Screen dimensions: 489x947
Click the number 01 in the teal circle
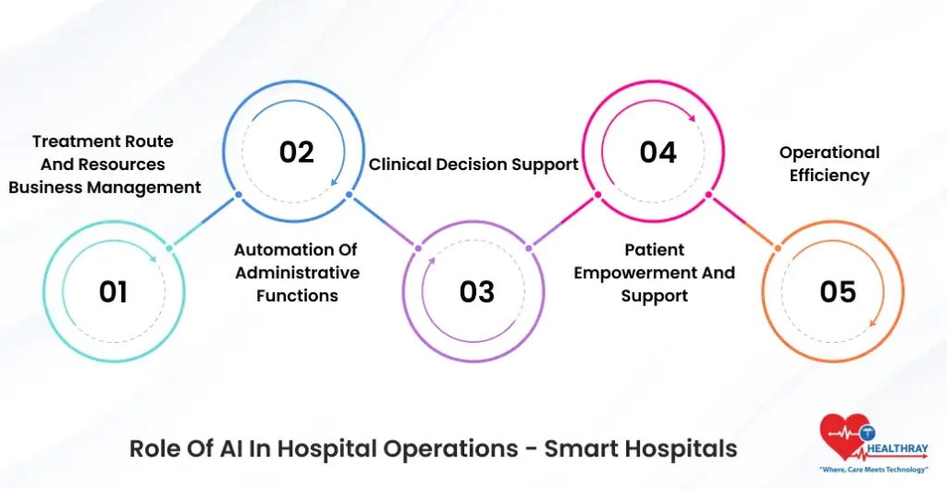click(113, 292)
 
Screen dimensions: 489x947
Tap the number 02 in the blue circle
click(297, 152)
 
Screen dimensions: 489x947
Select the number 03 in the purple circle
click(477, 292)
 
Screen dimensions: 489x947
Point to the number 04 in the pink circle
click(658, 152)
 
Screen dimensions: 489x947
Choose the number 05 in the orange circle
click(838, 292)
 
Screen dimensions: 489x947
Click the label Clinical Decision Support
click(473, 165)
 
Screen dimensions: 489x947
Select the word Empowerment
click(654, 273)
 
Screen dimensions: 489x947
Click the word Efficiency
click(830, 176)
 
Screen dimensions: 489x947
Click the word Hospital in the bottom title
click(332, 449)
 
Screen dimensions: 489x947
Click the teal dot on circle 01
click(169, 247)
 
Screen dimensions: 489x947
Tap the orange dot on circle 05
click(778, 247)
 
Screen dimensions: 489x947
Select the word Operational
click(830, 153)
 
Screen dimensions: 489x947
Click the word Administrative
click(297, 273)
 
